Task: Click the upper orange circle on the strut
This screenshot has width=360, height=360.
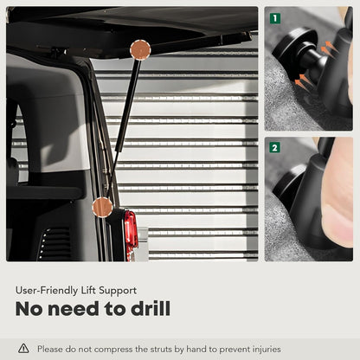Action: [140, 50]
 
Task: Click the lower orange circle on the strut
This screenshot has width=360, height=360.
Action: [102, 207]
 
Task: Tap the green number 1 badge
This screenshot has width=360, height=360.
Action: [275, 18]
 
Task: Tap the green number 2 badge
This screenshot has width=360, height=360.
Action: [274, 148]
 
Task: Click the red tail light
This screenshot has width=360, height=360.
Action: [131, 231]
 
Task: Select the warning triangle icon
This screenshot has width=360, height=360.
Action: [23, 349]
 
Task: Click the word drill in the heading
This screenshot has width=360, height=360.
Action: [151, 308]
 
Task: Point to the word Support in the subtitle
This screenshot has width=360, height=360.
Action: [118, 291]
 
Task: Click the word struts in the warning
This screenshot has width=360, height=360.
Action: [162, 350]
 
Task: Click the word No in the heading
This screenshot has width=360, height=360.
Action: [29, 308]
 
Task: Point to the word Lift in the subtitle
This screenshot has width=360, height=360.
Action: [88, 290]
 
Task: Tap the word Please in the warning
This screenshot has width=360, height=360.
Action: [49, 349]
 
